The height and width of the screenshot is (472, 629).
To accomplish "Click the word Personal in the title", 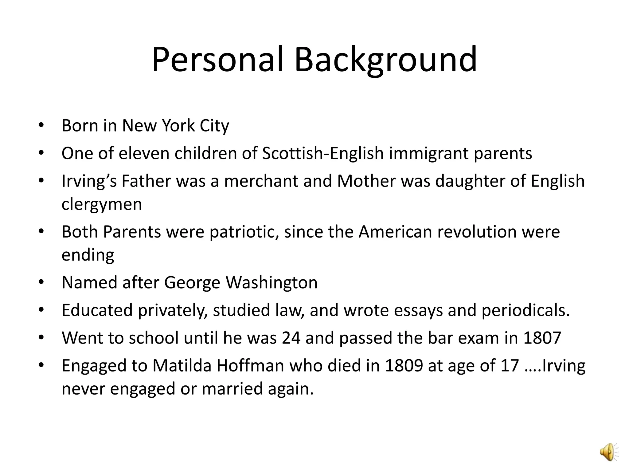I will coord(217,60).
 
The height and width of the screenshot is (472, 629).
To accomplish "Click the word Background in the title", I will coord(385,60).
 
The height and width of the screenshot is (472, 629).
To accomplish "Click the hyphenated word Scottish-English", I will coord(323,153).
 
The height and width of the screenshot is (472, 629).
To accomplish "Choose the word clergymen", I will coord(102,204).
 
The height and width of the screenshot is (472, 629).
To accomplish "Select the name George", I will coord(192,283).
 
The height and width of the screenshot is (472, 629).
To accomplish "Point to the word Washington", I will coord(272,283).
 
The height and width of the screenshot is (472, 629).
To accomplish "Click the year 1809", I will coord(404,366).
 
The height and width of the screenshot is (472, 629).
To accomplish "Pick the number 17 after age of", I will coord(510,366).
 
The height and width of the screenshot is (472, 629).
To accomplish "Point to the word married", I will coord(232,389).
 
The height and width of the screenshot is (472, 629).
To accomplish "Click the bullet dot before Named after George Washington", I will coord(41,282).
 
